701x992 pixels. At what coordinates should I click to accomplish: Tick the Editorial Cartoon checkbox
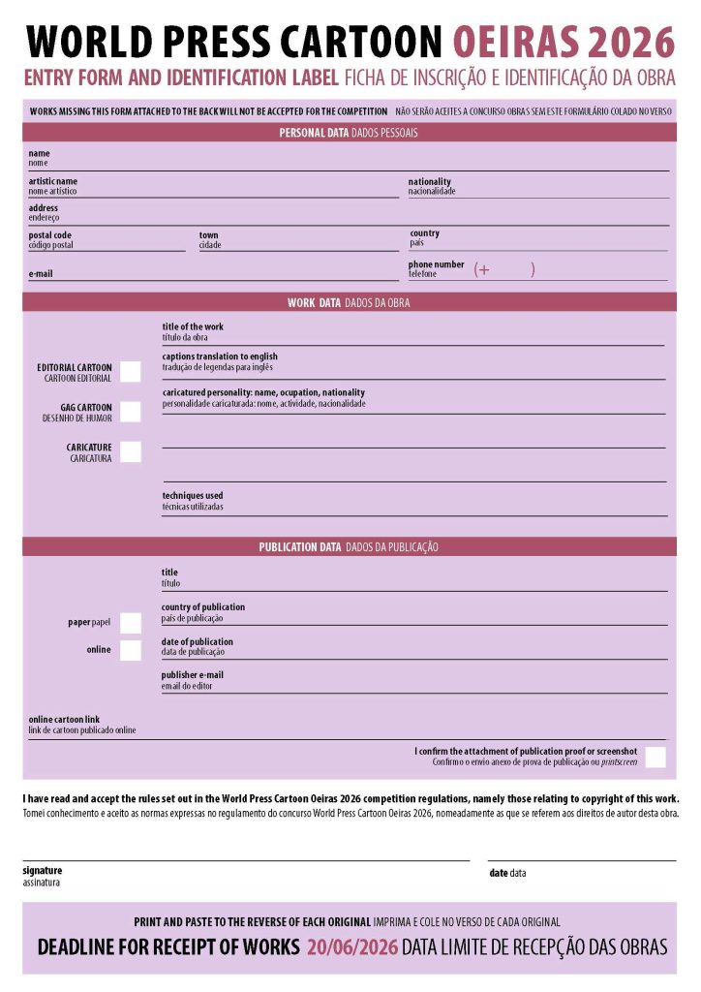131,371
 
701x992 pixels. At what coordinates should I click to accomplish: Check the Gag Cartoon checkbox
131,412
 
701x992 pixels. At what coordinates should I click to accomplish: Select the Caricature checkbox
131,451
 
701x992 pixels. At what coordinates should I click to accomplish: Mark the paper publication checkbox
131,623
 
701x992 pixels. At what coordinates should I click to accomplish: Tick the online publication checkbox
131,650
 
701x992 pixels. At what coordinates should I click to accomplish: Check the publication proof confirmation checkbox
655,757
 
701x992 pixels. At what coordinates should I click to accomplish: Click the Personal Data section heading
349,133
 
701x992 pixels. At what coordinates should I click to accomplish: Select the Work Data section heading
349,303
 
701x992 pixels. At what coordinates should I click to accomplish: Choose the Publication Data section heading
349,547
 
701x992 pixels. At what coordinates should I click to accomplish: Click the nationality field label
429,182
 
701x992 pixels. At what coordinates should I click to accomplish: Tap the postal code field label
49,235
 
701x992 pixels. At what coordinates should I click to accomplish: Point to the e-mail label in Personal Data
41,274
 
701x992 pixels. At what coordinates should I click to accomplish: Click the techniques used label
193,496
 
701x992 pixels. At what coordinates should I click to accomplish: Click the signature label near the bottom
42,871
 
